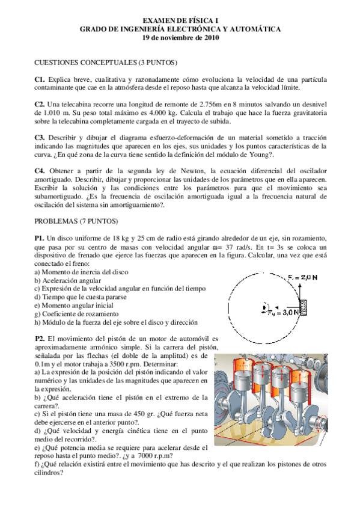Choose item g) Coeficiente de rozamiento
coord(77,314)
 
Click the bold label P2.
coord(40,339)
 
